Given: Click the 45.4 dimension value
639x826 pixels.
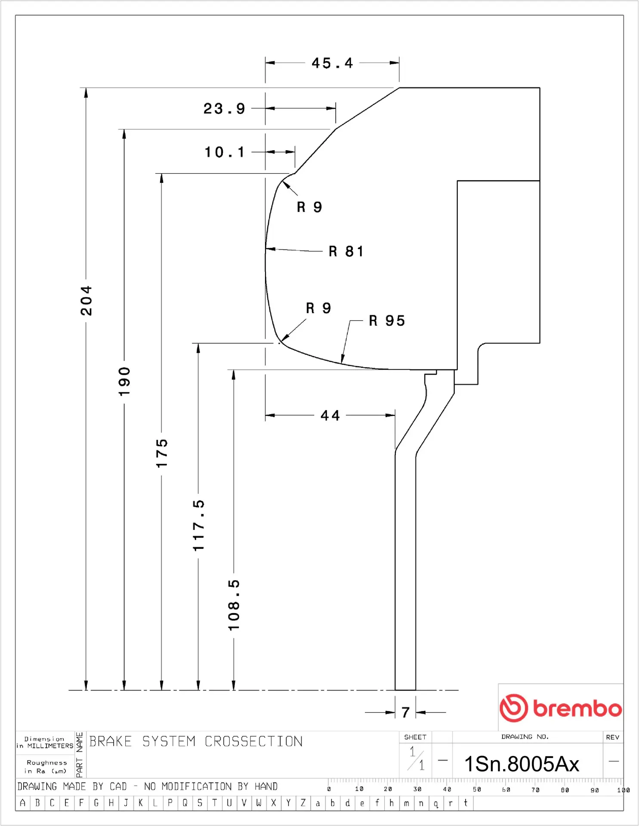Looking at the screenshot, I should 332,63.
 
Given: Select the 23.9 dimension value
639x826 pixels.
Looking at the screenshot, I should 224,108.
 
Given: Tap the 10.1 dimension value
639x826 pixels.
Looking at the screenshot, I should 224,152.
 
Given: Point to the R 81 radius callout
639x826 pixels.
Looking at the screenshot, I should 346,251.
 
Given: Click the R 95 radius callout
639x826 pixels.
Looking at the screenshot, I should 387,321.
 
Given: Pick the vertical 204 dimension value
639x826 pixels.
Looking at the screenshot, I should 86,300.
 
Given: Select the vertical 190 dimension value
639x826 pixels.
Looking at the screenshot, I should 124,382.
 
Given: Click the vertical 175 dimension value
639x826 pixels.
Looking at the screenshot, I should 162,453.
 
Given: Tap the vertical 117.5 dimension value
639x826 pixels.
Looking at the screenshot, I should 198,525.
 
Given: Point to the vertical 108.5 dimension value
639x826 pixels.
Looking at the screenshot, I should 234,605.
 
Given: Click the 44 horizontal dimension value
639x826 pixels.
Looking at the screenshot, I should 330,416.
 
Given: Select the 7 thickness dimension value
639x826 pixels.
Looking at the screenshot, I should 405,712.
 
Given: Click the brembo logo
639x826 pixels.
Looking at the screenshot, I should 560,708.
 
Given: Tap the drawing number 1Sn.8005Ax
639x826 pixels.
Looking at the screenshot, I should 522,764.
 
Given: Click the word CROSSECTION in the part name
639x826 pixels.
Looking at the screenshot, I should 253,742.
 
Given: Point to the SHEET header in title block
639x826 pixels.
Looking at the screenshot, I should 415,737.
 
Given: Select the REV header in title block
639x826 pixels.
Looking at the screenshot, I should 612,737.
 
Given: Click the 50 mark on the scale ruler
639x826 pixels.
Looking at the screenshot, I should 477,789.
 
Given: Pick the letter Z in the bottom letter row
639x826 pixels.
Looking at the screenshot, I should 303,803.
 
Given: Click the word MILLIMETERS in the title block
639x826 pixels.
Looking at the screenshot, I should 50,746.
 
